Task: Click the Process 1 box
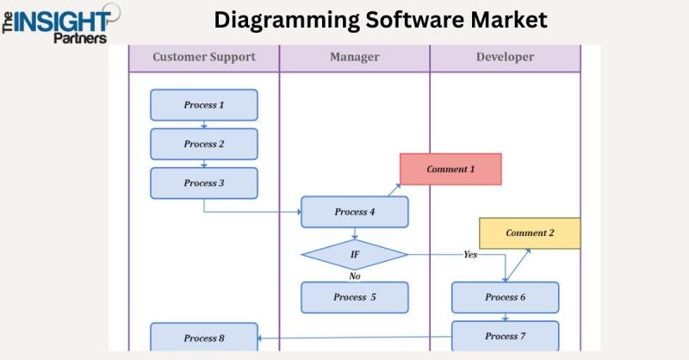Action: point(204,105)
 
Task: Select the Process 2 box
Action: point(204,144)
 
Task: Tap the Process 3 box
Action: point(204,183)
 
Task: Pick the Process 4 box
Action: point(354,212)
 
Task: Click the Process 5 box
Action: point(354,297)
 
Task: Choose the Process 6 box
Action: point(505,297)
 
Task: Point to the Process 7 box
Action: point(505,336)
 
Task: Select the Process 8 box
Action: point(204,338)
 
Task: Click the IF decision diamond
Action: point(354,255)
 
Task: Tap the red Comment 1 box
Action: point(450,170)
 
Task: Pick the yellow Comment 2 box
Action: point(530,233)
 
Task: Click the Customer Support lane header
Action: point(204,58)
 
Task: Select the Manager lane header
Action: point(354,58)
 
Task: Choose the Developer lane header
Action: point(505,58)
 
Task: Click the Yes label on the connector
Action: point(470,255)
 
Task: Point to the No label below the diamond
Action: point(354,276)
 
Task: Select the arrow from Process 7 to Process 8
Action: point(354,338)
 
